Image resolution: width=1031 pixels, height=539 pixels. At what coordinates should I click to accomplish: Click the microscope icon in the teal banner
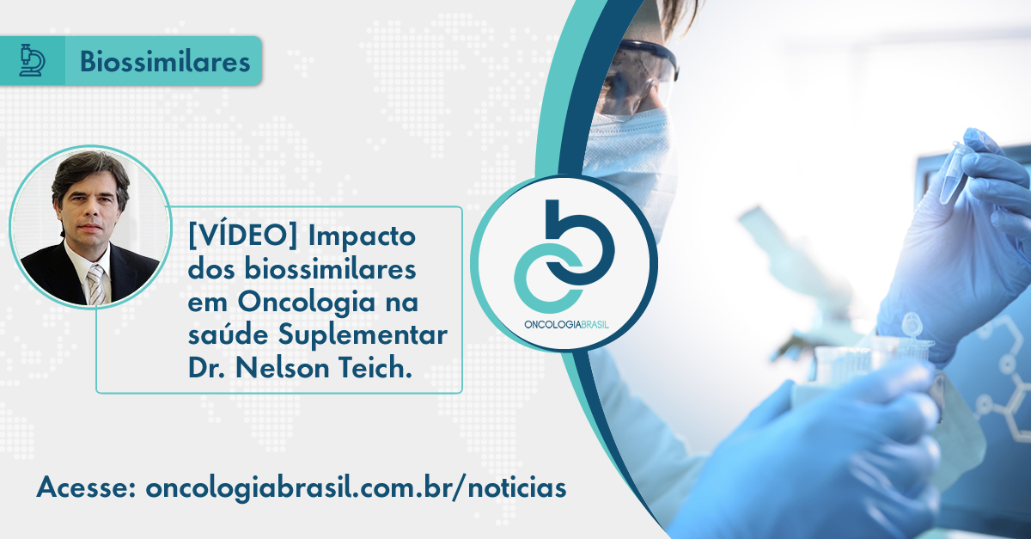(33, 60)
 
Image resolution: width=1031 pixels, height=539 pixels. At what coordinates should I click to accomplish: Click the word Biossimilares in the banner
(165, 61)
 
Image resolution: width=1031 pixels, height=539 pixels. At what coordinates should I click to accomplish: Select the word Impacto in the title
(362, 236)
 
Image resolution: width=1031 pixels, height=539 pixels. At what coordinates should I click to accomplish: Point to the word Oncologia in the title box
(306, 303)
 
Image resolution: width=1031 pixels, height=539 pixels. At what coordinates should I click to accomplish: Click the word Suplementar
(363, 336)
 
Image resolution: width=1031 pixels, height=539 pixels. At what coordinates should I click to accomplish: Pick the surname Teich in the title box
(375, 368)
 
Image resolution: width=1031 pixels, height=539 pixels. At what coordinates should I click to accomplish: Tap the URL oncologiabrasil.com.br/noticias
(356, 488)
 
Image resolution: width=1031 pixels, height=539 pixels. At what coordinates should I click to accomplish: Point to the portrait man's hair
(90, 175)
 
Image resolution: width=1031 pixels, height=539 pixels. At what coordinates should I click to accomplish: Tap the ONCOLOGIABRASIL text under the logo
(566, 325)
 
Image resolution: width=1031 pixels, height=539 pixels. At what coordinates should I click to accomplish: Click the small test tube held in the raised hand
(954, 173)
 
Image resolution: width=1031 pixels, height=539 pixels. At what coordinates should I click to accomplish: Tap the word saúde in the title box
(226, 335)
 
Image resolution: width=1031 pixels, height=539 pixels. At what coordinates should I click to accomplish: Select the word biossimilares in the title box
(330, 269)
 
